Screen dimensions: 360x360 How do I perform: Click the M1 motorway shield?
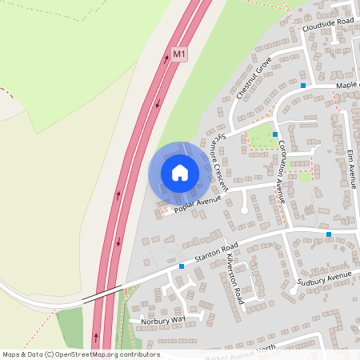point(179,54)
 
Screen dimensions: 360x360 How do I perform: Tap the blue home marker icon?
point(180,173)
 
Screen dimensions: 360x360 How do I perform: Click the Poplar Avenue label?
point(197,204)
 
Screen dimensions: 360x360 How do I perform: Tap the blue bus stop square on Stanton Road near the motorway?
point(182,266)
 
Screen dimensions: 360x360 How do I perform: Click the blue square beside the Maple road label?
point(303,85)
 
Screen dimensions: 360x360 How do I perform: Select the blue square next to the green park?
point(275,134)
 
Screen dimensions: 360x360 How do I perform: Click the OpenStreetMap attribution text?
point(81,354)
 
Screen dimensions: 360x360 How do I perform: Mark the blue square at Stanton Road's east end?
point(328,234)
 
